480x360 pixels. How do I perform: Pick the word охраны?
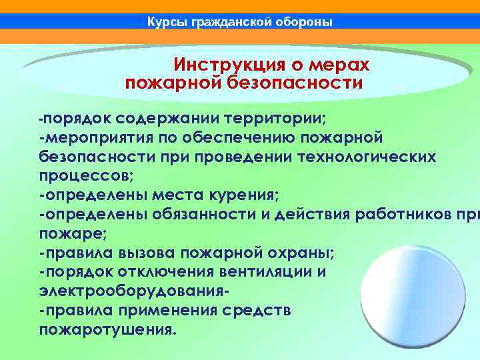coord(306,253)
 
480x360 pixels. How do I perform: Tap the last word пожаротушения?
coord(107,330)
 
